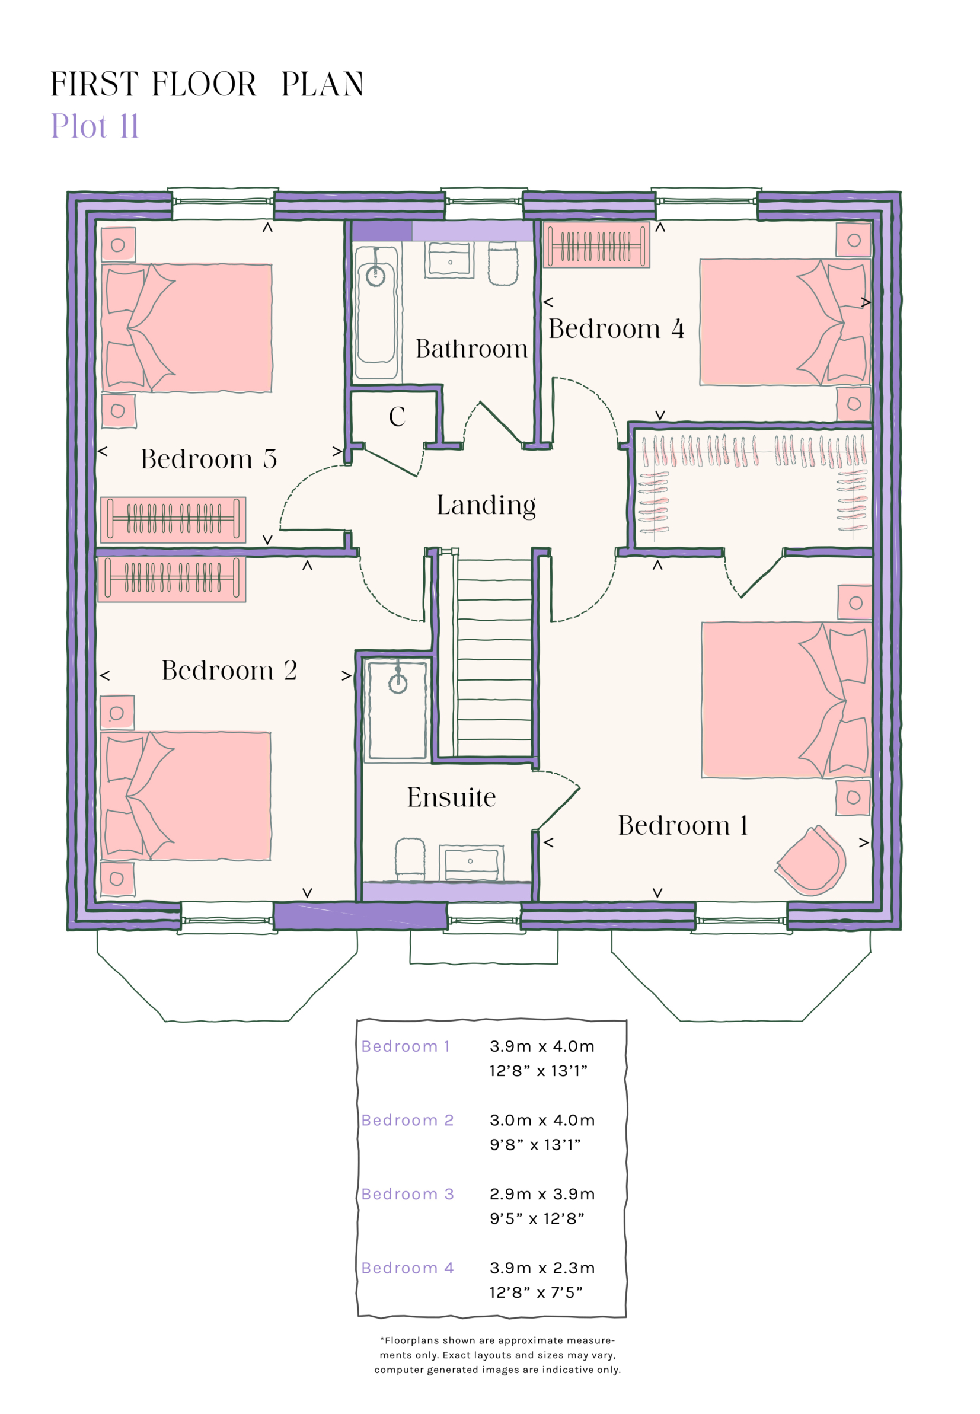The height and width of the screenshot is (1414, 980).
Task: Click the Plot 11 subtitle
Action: pos(95,126)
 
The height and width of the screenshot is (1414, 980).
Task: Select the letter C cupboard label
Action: pos(397,417)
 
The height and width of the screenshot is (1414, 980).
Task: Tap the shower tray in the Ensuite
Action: pos(397,708)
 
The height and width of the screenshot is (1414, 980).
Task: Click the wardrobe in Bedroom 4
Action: pos(596,245)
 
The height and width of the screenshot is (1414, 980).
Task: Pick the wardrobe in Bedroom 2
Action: pos(172,579)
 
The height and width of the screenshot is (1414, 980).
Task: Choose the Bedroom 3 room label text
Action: pos(209,459)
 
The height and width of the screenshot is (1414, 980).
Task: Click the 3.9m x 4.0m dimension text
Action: pos(542,1046)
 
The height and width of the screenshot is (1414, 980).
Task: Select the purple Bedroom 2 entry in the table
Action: pos(407,1120)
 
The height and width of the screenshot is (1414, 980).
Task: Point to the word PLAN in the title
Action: pos(323,84)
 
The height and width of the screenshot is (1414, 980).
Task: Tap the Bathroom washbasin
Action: pos(449,260)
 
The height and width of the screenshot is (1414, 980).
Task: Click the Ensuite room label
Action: pos(451,797)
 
